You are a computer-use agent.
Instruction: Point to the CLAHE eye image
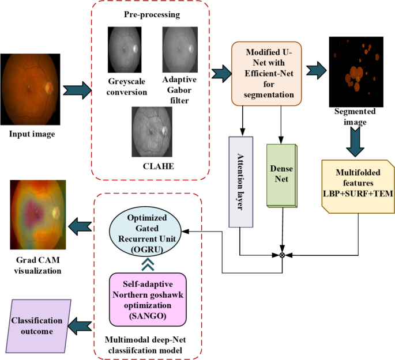(151, 132)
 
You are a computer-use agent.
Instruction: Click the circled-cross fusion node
(282, 255)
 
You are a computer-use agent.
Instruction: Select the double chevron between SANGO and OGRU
(147, 263)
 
